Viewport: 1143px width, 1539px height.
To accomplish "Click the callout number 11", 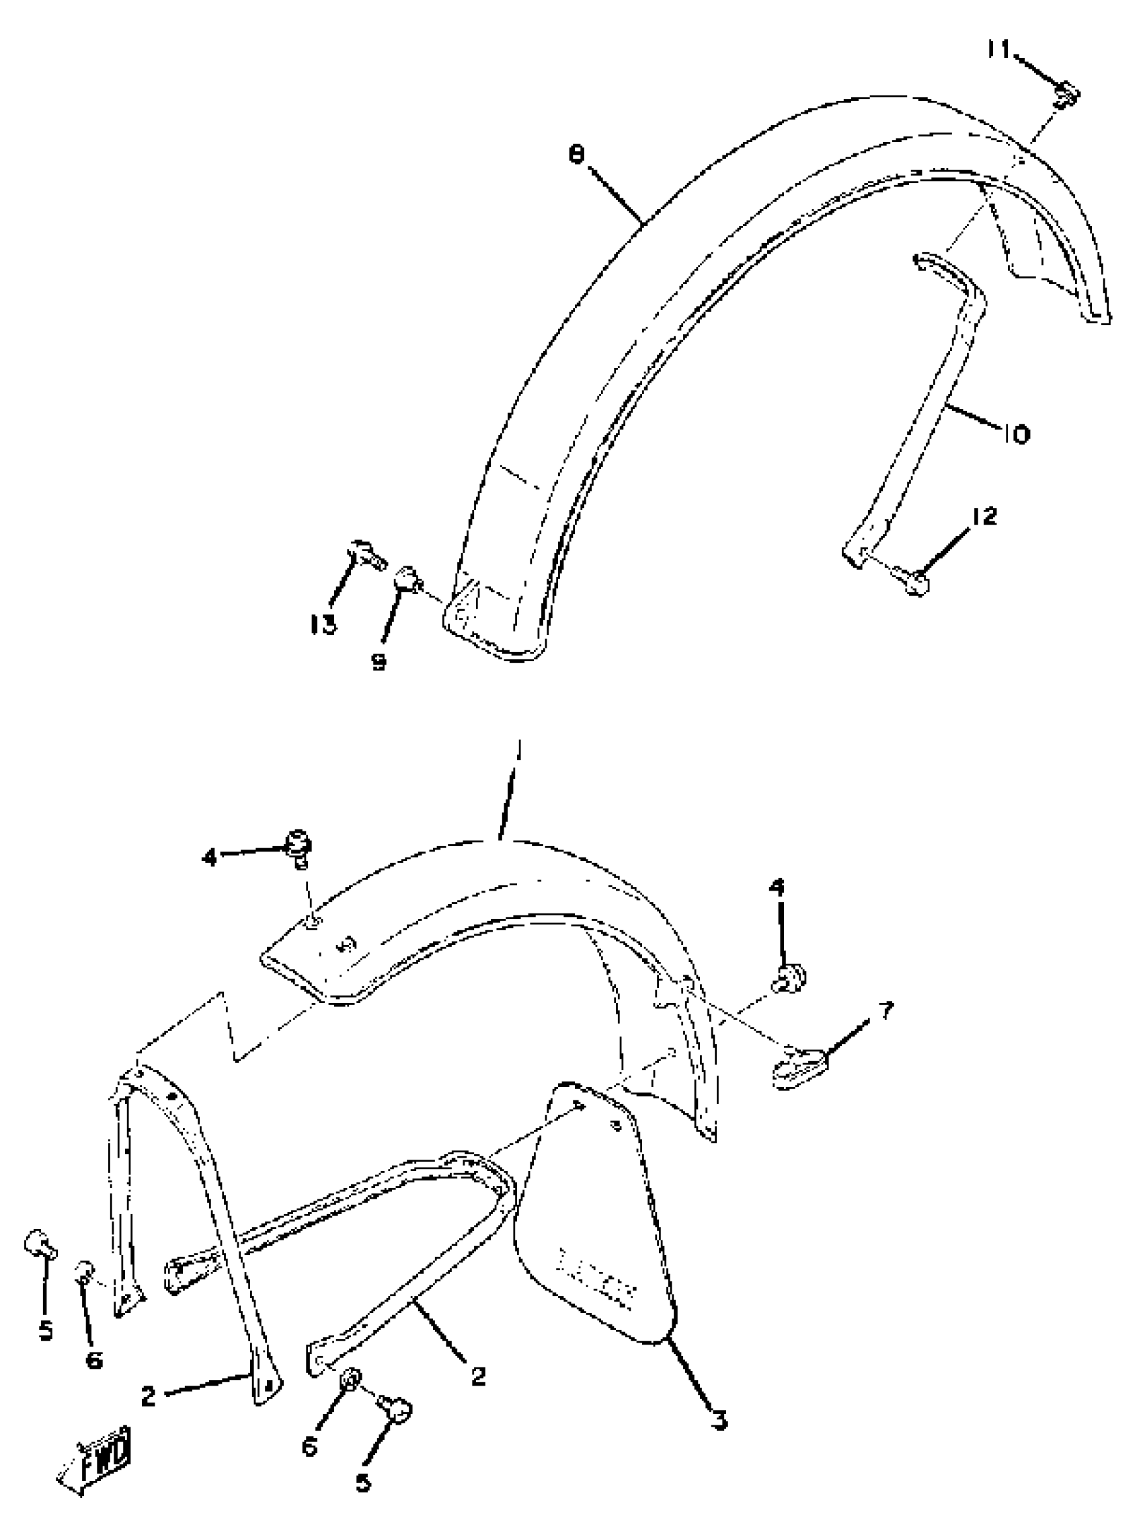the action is (998, 50).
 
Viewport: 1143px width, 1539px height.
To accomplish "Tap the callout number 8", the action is (576, 154).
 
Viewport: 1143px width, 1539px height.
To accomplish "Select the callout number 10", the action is (1016, 434).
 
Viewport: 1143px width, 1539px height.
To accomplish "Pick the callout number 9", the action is (379, 662).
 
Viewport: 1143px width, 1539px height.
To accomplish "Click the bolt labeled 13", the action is (367, 553).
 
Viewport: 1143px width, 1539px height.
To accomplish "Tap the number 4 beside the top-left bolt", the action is (209, 858).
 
